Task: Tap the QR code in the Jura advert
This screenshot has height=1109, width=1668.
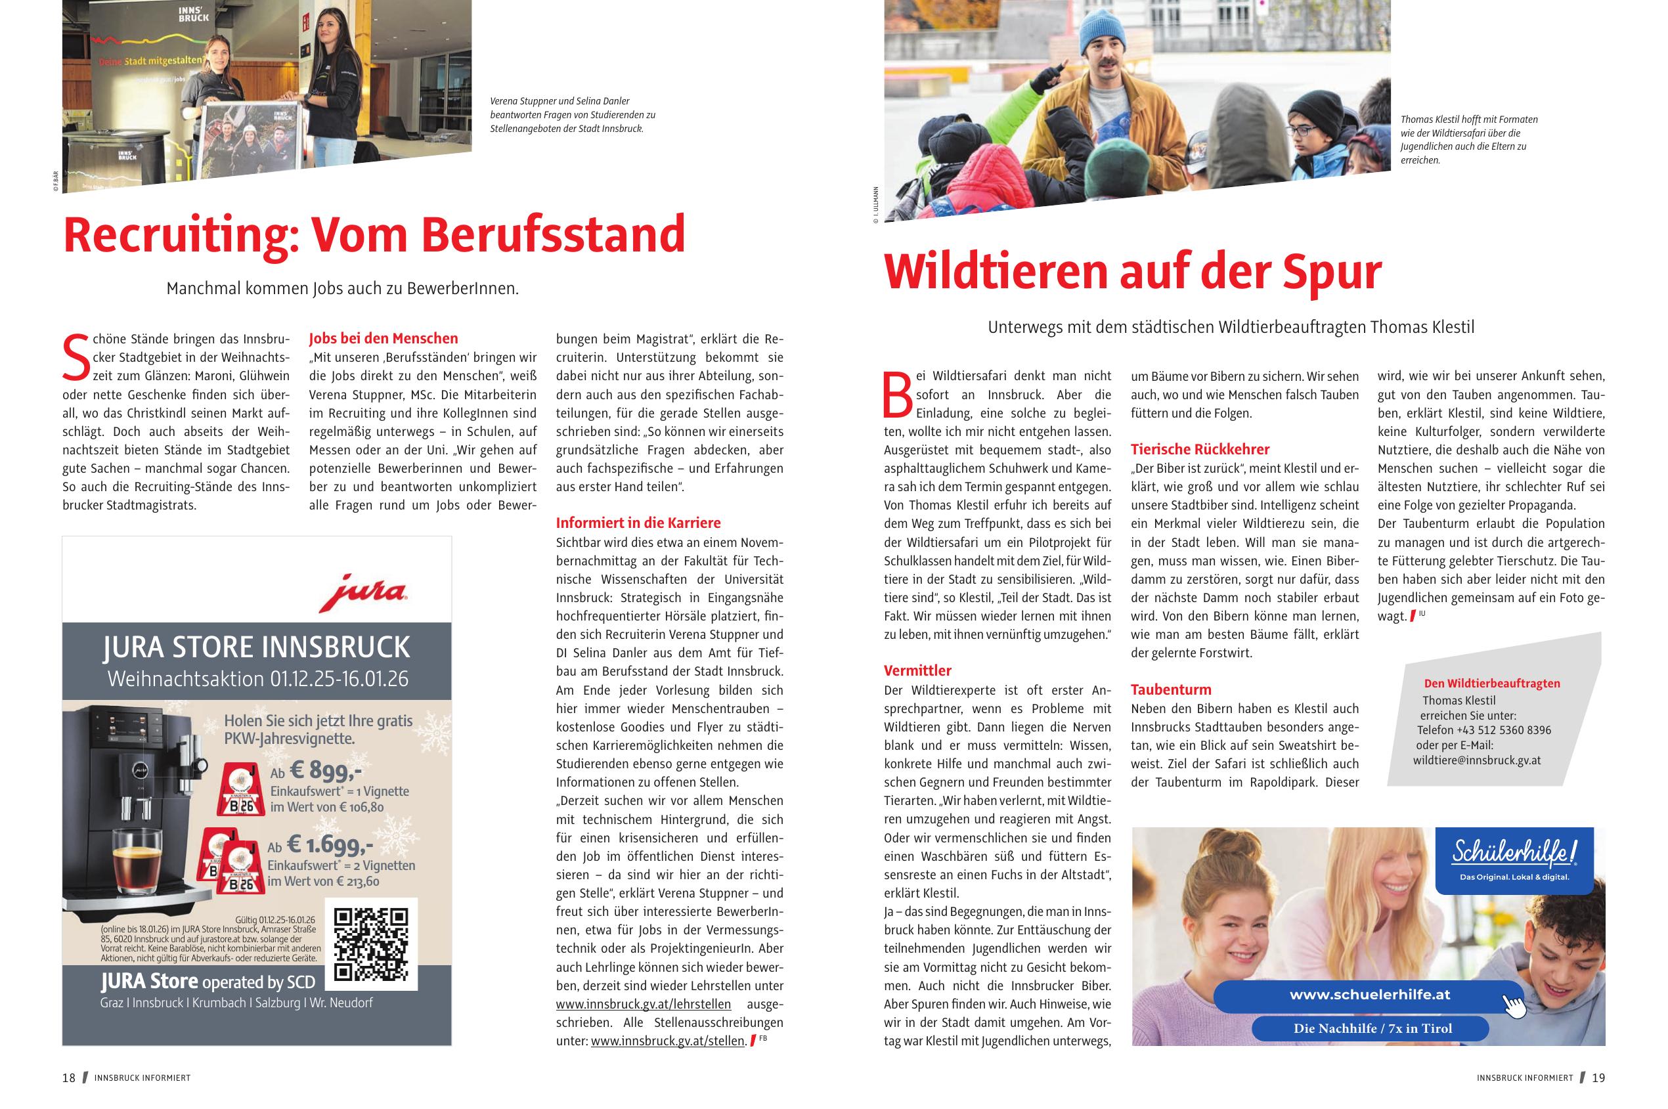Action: click(370, 944)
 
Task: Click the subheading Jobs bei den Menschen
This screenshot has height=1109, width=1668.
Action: click(383, 338)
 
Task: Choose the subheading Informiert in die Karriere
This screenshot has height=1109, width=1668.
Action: click(638, 523)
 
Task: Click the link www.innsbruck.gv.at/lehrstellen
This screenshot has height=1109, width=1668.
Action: click(643, 1004)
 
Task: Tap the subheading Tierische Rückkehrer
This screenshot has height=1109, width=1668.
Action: click(1200, 449)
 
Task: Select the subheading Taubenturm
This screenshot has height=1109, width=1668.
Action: click(1171, 689)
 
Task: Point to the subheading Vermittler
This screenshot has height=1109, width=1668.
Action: click(917, 670)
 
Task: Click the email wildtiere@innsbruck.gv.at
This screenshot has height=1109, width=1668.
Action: click(1476, 760)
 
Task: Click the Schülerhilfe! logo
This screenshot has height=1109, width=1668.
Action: click(1513, 854)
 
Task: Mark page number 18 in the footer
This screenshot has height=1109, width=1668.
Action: click(68, 1078)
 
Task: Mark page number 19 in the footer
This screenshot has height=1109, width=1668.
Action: click(1598, 1078)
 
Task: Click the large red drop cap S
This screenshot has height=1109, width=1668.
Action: click(76, 358)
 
